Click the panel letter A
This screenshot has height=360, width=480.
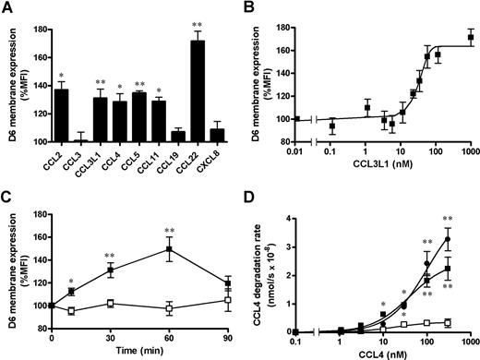coord(8,8)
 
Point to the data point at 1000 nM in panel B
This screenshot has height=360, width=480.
coord(471,38)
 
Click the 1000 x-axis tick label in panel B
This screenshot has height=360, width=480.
coord(470,150)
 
